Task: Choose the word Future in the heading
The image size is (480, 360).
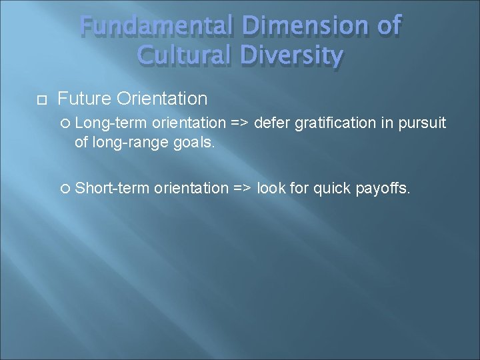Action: (x=85, y=99)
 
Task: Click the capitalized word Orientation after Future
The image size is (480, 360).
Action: (x=162, y=99)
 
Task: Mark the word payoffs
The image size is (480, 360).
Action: (x=385, y=188)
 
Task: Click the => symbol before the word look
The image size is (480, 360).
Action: (x=242, y=188)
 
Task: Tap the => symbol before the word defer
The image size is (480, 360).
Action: (x=239, y=123)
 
